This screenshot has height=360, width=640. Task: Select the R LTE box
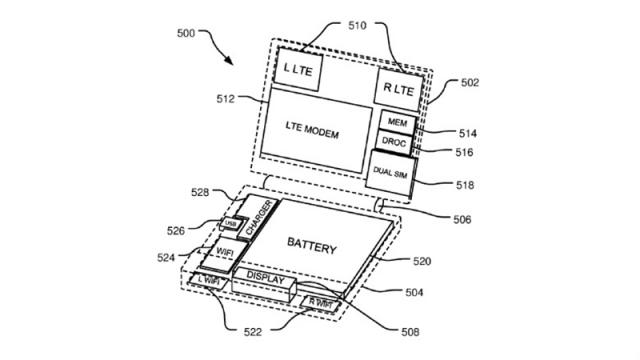click(398, 88)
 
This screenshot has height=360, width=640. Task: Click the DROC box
click(394, 143)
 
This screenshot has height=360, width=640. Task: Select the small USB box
click(232, 224)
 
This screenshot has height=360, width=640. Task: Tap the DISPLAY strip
click(266, 277)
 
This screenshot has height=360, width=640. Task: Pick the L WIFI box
click(211, 281)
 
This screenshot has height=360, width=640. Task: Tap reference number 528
click(200, 191)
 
